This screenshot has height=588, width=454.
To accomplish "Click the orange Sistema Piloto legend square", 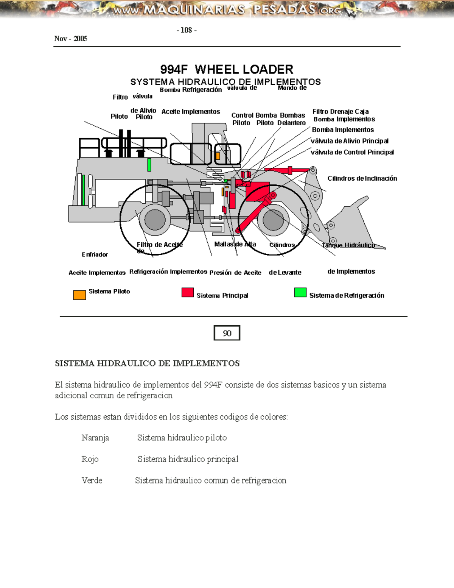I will (x=79, y=295).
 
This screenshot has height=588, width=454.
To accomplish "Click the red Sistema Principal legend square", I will (x=188, y=292).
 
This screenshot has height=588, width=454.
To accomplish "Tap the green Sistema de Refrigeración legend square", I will (x=300, y=292).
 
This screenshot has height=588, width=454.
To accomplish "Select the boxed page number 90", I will (x=227, y=333).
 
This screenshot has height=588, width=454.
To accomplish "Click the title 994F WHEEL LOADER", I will (x=227, y=69).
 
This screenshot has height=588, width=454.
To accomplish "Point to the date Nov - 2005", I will (x=71, y=39).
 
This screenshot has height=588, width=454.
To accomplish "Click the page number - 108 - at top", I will (x=187, y=30).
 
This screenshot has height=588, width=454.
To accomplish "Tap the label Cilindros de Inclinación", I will (x=362, y=178).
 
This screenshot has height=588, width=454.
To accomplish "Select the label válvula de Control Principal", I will (x=352, y=152).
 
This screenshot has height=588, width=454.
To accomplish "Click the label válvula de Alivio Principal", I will (x=349, y=141).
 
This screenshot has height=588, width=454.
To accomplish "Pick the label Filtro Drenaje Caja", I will (x=340, y=111).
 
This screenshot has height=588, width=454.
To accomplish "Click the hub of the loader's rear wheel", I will (x=155, y=220).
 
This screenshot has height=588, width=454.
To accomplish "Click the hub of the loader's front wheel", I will (x=273, y=220).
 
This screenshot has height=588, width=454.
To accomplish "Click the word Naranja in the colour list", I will (x=95, y=438).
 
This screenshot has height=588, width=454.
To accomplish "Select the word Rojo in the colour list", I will (x=90, y=459).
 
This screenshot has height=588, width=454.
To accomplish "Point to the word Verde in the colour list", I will (x=92, y=480).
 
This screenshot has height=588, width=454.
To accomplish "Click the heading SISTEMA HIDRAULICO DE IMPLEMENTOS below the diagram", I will (x=147, y=363).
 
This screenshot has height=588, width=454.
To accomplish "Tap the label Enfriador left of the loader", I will (x=95, y=254).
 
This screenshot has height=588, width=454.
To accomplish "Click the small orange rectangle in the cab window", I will (x=218, y=156).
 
